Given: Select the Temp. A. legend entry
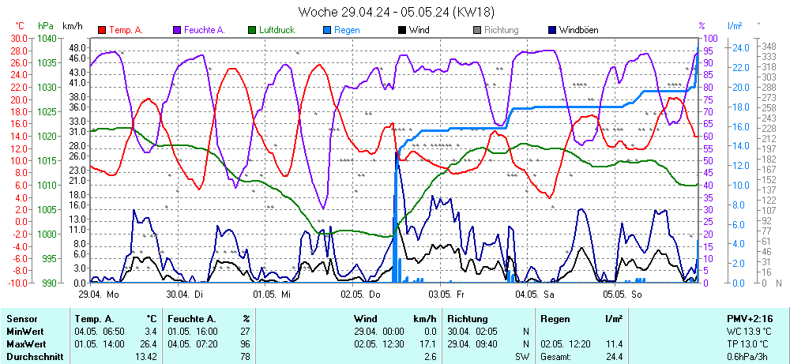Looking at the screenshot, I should pos(125,30).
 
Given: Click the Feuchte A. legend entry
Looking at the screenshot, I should pos(204,30).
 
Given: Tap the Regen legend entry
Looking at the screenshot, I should pos(345,30).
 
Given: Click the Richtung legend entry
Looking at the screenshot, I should pos(501,30).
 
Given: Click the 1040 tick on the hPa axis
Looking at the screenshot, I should pos(47,38).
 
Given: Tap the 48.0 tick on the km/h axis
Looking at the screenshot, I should pos(77,47).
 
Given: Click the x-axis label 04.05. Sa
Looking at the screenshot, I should pos(536,294).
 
